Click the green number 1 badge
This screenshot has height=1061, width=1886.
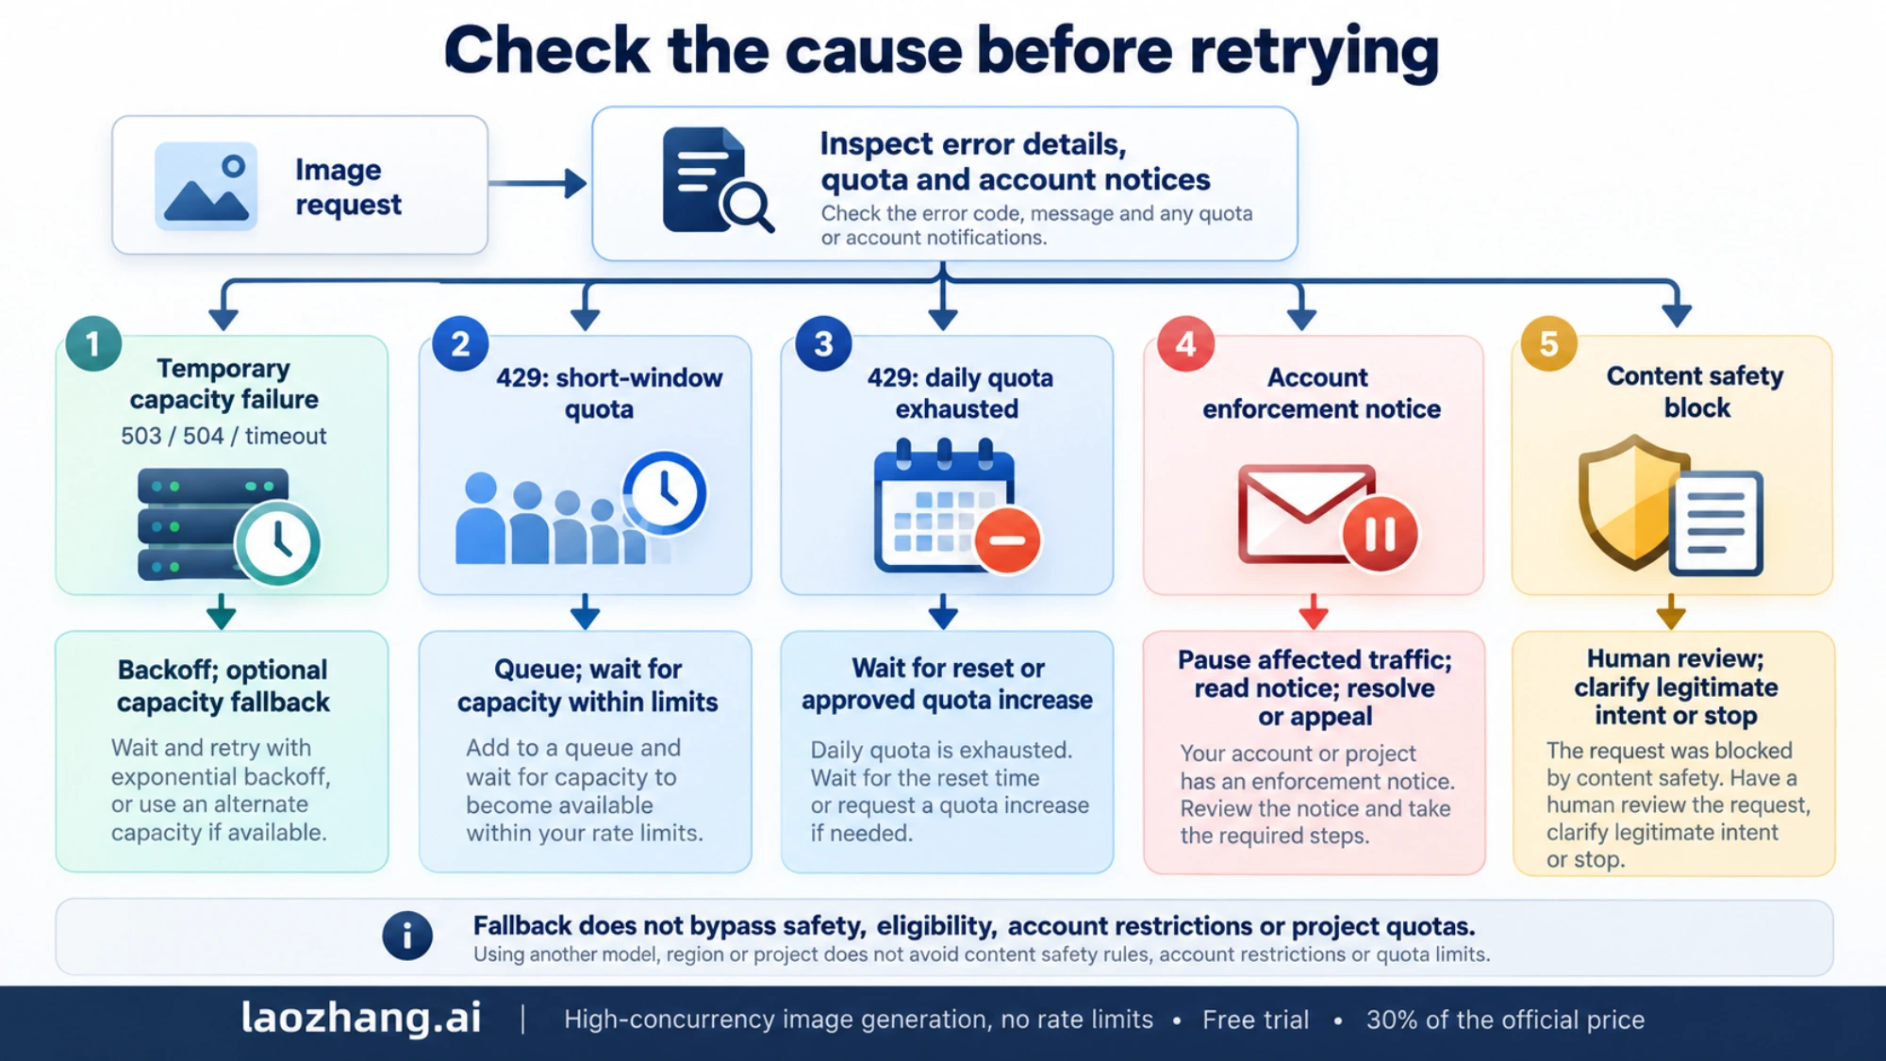pyautogui.click(x=93, y=343)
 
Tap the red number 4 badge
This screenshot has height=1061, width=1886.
pyautogui.click(x=1185, y=343)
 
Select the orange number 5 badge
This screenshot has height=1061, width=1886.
pyautogui.click(x=1548, y=343)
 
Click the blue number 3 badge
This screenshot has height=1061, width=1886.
pyautogui.click(x=823, y=343)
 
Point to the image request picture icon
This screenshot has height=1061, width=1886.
pyautogui.click(x=207, y=186)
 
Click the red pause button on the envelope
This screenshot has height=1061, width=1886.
pyautogui.click(x=1380, y=535)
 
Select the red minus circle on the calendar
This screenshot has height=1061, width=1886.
pyautogui.click(x=1007, y=540)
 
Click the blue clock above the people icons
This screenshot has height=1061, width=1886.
pyautogui.click(x=665, y=492)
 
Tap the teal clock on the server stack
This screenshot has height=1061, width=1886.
pyautogui.click(x=278, y=542)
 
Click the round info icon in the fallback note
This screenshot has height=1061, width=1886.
pyautogui.click(x=407, y=936)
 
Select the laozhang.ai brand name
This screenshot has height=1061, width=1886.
pyautogui.click(x=361, y=1018)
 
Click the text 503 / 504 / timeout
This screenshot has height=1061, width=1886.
pyautogui.click(x=223, y=436)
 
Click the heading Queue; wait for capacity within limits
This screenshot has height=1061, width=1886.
pyautogui.click(x=587, y=685)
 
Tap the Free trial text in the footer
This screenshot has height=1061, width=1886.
pyautogui.click(x=1255, y=1020)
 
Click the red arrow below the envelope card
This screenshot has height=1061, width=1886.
pyautogui.click(x=1314, y=612)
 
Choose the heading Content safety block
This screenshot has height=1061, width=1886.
pyautogui.click(x=1696, y=391)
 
